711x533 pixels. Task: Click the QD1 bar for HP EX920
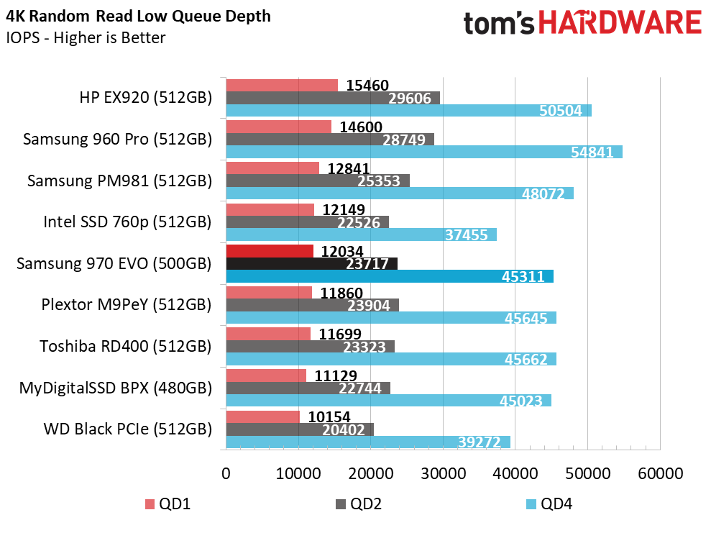[x=282, y=86]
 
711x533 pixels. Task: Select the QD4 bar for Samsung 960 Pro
[x=424, y=152]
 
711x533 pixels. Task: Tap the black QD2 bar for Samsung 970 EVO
[x=312, y=263]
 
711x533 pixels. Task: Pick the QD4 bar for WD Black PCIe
[x=368, y=442]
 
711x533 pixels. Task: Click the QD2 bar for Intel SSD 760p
[x=308, y=222]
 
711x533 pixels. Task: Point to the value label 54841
[x=592, y=152]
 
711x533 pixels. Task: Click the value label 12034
[x=342, y=251]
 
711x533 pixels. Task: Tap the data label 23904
[x=369, y=305]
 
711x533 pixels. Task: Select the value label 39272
[x=480, y=442]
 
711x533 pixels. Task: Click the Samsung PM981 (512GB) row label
[x=120, y=181]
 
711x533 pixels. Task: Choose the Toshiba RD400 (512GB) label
[x=126, y=347]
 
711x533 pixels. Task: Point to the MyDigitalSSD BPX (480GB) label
[x=116, y=388]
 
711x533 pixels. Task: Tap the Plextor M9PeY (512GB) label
[x=127, y=305]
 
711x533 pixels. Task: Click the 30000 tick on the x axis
[x=443, y=473]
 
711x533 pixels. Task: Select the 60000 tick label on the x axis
[x=660, y=473]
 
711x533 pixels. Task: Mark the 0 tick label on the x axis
[x=226, y=473]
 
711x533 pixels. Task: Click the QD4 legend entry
[x=549, y=504]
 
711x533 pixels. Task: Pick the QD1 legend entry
[x=168, y=504]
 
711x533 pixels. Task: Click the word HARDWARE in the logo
[x=620, y=23]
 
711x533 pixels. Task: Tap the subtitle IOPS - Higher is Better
[x=86, y=37]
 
